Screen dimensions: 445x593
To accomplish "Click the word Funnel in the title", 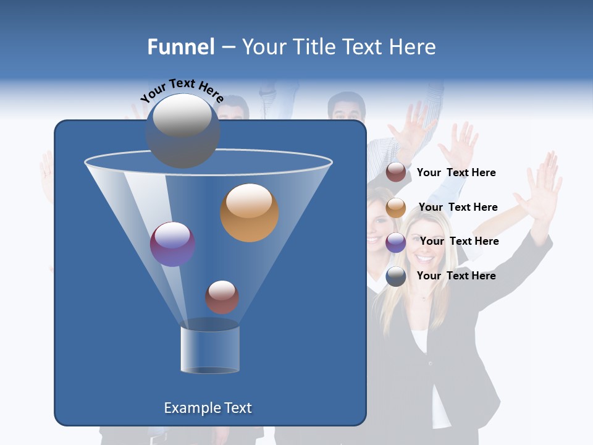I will (x=181, y=47).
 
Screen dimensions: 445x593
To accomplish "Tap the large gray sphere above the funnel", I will (x=183, y=131).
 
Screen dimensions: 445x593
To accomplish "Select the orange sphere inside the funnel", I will (x=250, y=213).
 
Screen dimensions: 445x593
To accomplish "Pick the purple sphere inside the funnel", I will (x=173, y=244).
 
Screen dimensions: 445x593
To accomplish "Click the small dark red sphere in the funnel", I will (x=222, y=297).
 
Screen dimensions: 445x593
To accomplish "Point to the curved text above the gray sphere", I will (x=182, y=90).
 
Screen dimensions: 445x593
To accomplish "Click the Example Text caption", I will (x=208, y=408).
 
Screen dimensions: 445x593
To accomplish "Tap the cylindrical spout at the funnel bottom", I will (x=210, y=348).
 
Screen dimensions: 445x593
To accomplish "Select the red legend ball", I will (x=396, y=172).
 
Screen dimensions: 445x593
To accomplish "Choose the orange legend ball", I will (x=396, y=208).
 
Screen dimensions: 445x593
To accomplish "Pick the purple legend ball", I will (x=396, y=242).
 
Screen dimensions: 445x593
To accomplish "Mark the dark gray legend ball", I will (x=396, y=276).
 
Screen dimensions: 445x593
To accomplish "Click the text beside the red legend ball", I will (x=456, y=173).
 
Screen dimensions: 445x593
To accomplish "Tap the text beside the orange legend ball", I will (x=458, y=208).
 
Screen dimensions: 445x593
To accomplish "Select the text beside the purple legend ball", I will (x=460, y=242).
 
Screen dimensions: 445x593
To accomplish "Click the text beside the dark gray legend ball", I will (x=456, y=276).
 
